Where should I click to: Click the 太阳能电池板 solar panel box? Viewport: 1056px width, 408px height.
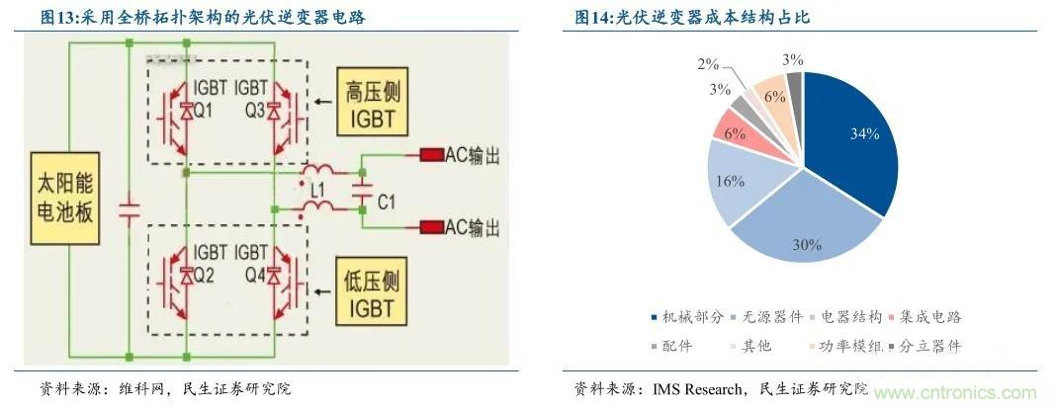64,198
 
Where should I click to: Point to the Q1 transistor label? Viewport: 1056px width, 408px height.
203,112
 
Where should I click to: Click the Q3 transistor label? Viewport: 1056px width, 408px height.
255,112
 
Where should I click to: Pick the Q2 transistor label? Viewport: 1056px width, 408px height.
203,276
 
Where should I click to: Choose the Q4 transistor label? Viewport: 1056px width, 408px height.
255,276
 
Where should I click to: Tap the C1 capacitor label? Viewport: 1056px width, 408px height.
386,202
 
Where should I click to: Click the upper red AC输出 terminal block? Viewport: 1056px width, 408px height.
432,155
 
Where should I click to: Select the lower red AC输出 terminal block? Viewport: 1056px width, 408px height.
432,227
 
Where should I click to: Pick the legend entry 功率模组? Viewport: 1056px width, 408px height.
843,347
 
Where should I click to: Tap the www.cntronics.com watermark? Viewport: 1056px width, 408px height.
956,392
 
